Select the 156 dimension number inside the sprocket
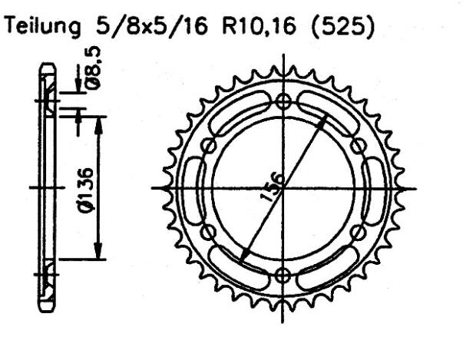[x=273, y=187]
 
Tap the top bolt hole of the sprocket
[x=283, y=100]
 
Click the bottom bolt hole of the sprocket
[x=283, y=275]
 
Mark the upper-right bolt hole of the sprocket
[x=357, y=144]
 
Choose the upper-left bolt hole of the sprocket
[x=209, y=144]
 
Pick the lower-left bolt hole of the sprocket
[x=209, y=231]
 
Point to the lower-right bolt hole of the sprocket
[x=357, y=231]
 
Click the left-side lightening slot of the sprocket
[x=196, y=187]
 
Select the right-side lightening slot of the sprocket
[x=371, y=187]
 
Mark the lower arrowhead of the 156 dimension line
[x=242, y=258]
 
